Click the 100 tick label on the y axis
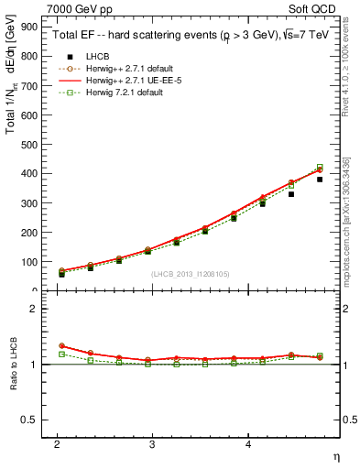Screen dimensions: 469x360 tap(29, 262)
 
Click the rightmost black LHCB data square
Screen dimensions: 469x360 tap(320, 180)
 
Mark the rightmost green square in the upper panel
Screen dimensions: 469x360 tap(320, 168)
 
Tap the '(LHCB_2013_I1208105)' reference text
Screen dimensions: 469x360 tap(189, 274)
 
